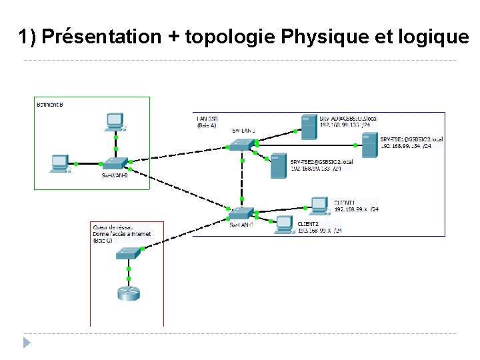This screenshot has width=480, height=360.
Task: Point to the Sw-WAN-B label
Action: pyautogui.click(x=115, y=175)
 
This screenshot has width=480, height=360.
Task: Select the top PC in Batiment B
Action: pyautogui.click(x=115, y=121)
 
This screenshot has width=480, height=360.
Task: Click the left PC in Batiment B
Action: pyautogui.click(x=60, y=163)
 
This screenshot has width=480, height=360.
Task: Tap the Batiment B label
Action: pyautogui.click(x=50, y=105)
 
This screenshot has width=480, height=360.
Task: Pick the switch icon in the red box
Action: pyautogui.click(x=128, y=253)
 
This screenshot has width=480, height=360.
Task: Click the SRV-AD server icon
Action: pyautogui.click(x=308, y=126)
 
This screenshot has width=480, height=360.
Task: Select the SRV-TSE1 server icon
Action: pyautogui.click(x=368, y=145)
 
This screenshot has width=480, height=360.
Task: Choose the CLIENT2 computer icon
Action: pyautogui.click(x=285, y=225)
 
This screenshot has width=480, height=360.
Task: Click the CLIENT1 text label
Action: pyautogui.click(x=344, y=201)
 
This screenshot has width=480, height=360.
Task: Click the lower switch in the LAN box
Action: pyautogui.click(x=240, y=213)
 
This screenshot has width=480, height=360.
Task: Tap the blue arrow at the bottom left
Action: pyautogui.click(x=27, y=343)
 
